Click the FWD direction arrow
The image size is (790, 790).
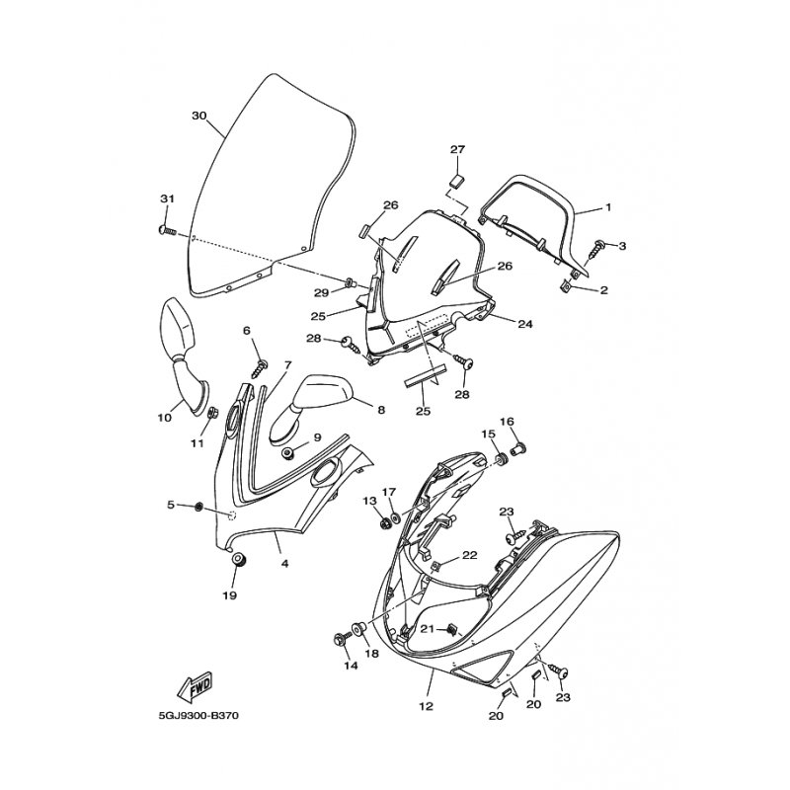(195, 686)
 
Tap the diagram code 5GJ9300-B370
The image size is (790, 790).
(198, 716)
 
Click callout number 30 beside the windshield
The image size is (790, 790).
(199, 116)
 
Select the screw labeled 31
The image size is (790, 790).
(167, 230)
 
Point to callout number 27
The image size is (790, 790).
(457, 149)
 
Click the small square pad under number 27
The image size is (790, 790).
(456, 180)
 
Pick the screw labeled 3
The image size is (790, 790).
(598, 245)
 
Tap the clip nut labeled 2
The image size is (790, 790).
(566, 286)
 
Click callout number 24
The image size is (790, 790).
(524, 324)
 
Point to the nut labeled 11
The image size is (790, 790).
(212, 413)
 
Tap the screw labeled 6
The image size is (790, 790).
(260, 367)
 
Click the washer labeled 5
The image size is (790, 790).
(199, 506)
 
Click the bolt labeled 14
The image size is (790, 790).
(340, 640)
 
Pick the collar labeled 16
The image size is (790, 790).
(518, 447)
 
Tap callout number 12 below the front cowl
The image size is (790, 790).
(426, 706)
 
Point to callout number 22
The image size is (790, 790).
(469, 555)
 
